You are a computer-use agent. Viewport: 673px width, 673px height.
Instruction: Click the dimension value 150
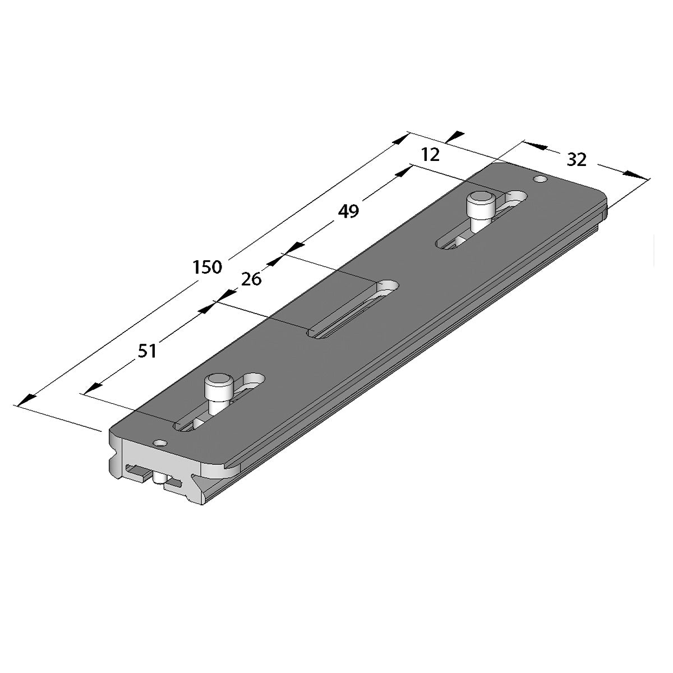click(208, 267)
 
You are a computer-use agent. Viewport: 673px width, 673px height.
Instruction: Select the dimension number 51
click(147, 351)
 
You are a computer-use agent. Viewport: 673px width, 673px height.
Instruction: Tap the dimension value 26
click(251, 279)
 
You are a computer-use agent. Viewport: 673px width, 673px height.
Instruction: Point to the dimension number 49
click(348, 211)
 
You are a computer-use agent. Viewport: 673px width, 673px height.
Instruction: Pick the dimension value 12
click(430, 155)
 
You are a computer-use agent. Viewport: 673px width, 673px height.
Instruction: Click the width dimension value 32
click(577, 160)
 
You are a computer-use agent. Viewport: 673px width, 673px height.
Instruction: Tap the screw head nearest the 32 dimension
click(481, 200)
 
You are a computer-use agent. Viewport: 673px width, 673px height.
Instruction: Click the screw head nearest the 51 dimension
click(219, 383)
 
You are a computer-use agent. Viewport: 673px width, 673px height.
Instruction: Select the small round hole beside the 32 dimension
click(541, 179)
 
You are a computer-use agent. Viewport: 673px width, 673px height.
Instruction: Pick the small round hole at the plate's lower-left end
click(160, 444)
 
